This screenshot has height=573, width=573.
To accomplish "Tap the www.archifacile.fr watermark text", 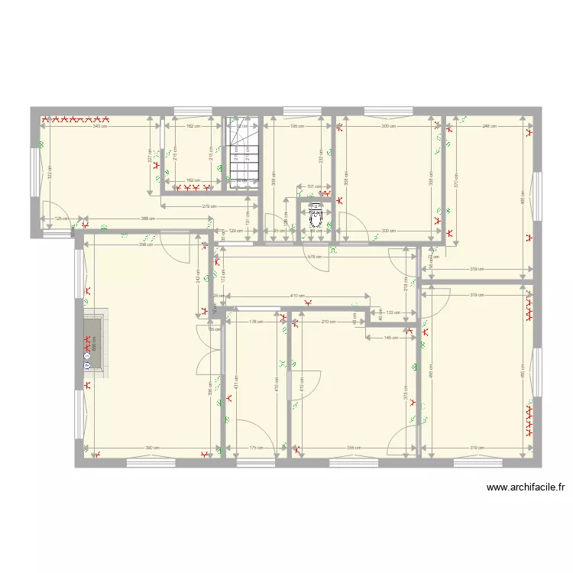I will (x=525, y=487).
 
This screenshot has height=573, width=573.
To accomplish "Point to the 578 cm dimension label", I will (x=312, y=257).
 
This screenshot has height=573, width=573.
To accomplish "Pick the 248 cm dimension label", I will (x=489, y=126).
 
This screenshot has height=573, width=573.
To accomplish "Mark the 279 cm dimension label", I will (x=208, y=206).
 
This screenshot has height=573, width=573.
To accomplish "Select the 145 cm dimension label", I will (x=391, y=337).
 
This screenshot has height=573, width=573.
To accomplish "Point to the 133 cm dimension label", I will (x=392, y=312).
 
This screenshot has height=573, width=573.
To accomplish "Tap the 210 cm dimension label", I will (x=328, y=322).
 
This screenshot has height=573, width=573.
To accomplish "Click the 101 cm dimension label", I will (x=311, y=186).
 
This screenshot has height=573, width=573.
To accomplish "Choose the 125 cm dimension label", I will (x=60, y=219).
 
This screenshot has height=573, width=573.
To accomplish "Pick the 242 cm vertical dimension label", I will (x=198, y=279).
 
